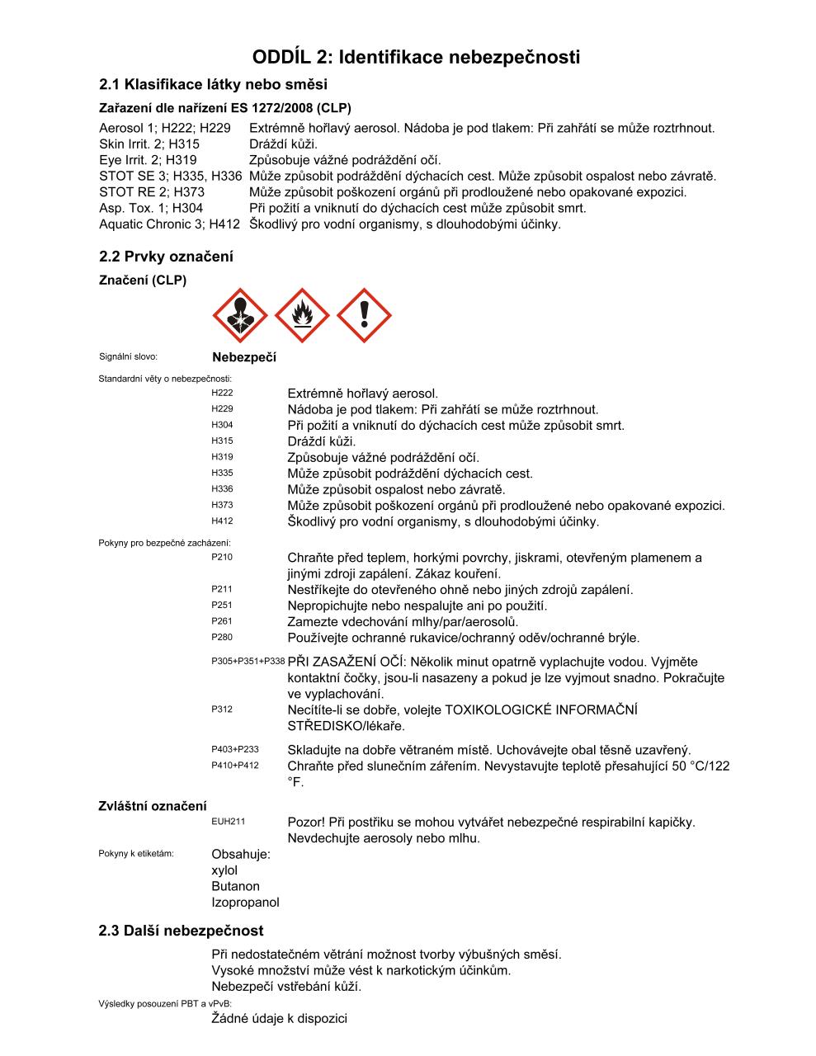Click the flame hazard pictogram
302,315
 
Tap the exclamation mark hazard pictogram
364,315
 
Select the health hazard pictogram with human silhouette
240,315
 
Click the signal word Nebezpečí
244,357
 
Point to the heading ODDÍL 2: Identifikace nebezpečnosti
416,57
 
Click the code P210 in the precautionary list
222,557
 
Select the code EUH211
228,822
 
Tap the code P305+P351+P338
248,662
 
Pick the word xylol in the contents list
224,870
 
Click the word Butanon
235,886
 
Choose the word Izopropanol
245,903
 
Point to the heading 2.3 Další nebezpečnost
181,931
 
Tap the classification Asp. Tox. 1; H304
151,208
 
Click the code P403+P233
235,749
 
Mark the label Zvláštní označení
153,806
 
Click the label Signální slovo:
128,357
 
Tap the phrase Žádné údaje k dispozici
279,1018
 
